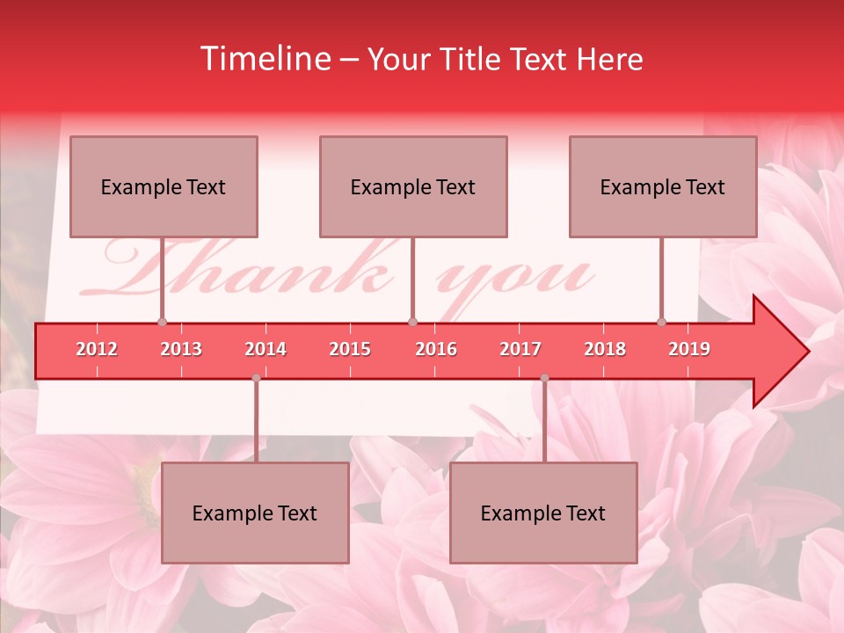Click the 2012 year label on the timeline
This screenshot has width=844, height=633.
point(97,349)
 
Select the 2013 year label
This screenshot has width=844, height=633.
point(181,349)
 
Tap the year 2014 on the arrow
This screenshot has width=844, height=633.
point(266,349)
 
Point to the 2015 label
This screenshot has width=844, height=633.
point(350,349)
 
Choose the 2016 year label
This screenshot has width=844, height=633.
point(436,349)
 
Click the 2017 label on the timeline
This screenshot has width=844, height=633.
point(520,349)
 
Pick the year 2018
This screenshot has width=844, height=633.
point(605,349)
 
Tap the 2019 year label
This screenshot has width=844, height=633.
point(689,349)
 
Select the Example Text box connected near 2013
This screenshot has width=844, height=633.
point(164,186)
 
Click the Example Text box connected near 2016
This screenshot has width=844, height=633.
point(413,186)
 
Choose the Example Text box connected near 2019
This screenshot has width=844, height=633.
point(663,186)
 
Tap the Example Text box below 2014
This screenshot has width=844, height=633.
point(255,513)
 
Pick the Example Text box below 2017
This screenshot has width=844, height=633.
point(543,513)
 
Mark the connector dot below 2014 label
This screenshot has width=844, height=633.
point(256,378)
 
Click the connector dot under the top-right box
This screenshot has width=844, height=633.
point(662,322)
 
